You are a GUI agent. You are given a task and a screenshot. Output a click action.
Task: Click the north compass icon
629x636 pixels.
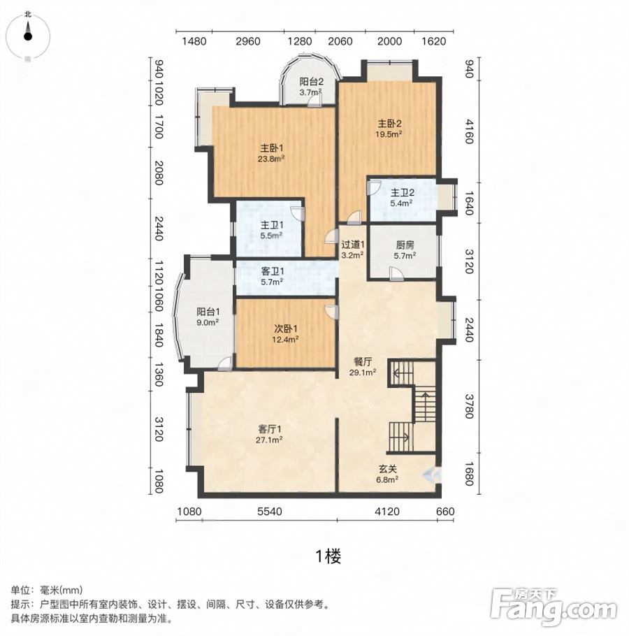(x=27, y=36)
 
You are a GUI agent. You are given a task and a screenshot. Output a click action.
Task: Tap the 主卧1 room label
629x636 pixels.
(x=271, y=147)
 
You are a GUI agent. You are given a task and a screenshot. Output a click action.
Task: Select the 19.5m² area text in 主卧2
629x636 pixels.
(x=389, y=134)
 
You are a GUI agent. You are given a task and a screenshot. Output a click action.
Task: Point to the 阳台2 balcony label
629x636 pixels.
(x=311, y=82)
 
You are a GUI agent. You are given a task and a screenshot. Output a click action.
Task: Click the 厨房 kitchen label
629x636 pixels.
(x=405, y=245)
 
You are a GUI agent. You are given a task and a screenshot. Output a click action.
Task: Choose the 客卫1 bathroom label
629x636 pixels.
(x=272, y=271)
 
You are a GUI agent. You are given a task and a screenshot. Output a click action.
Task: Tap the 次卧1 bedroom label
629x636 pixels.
(x=286, y=328)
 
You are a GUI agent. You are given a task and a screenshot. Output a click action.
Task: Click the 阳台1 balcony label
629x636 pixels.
(x=208, y=312)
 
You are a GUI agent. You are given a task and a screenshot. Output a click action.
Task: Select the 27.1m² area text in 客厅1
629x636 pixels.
(x=269, y=440)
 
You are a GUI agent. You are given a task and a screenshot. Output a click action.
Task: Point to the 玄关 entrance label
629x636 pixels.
(x=387, y=469)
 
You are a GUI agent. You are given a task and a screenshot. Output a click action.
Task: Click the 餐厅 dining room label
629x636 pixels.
(x=363, y=361)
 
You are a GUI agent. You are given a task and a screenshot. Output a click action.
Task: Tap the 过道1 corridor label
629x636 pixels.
(x=352, y=245)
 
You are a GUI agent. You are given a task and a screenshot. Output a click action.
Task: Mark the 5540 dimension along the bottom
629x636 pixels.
(x=270, y=512)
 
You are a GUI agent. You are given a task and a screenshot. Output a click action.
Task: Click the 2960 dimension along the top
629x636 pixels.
(x=248, y=41)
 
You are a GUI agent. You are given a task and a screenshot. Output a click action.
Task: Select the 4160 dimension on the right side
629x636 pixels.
(x=469, y=131)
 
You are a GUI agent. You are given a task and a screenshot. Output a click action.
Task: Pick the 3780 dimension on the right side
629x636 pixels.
(x=469, y=406)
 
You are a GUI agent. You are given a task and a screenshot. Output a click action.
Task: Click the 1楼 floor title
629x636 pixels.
(x=328, y=556)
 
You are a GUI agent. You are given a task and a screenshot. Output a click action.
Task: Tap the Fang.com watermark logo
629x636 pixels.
(x=554, y=607)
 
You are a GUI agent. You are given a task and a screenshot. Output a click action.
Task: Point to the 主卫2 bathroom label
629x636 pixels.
(x=402, y=193)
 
